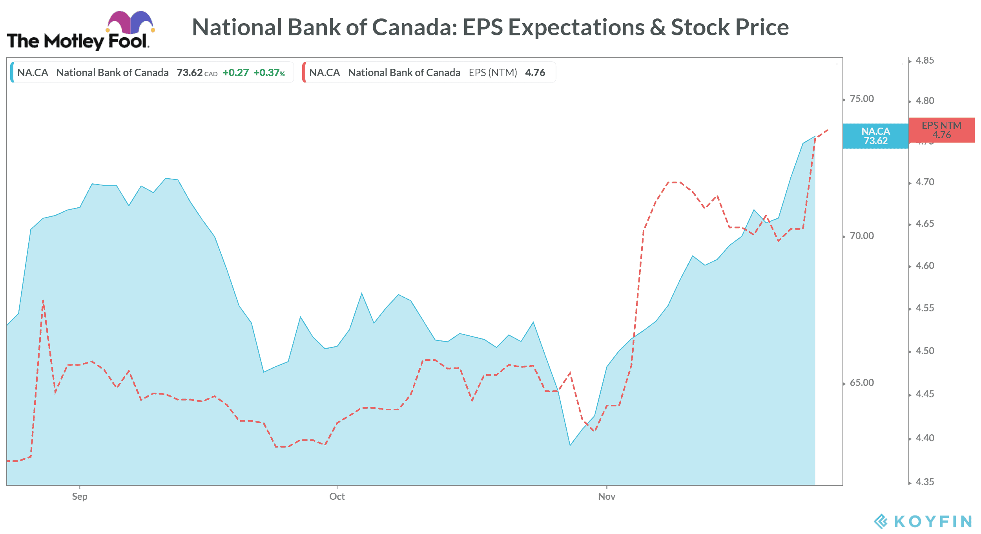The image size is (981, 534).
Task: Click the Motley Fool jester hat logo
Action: coord(130,22)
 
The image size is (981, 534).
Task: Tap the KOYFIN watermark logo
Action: coord(923,521)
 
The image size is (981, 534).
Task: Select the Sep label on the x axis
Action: coord(80,497)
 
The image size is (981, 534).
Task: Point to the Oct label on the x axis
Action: coord(337,497)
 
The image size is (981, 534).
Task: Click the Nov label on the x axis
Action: coord(607,497)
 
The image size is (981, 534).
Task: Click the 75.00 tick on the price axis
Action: coord(862,99)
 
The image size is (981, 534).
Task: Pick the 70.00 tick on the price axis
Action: coord(862,236)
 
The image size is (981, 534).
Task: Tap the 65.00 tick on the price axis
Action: coord(862,383)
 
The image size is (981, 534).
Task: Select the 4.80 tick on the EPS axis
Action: coord(925,101)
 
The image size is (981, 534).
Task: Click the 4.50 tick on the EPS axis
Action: coord(925,351)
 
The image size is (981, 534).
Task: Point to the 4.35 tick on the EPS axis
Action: coord(925,482)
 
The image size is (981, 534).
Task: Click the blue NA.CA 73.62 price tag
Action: coord(875,136)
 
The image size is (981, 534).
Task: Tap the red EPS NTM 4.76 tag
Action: coord(941,130)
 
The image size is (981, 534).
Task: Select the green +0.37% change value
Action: coord(269,73)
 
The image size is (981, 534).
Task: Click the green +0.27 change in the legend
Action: coord(236,73)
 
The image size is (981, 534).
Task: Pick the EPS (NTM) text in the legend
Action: coord(493,73)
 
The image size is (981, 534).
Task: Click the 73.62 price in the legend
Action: coord(190,73)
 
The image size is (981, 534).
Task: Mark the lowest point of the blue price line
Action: coord(570,445)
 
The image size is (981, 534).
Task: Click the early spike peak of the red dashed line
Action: coord(43,301)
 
